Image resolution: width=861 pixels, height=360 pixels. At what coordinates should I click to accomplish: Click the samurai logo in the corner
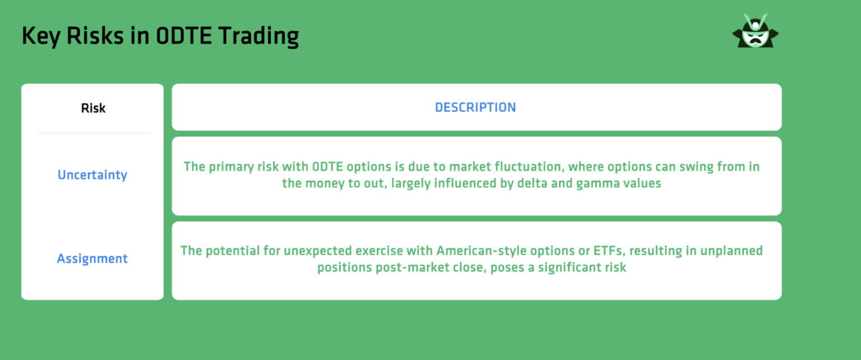[x=755, y=32]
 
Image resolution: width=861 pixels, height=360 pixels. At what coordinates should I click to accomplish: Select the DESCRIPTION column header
[x=475, y=107]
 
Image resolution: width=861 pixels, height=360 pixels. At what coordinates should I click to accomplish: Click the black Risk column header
[x=93, y=108]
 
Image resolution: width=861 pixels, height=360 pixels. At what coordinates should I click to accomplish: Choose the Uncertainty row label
[x=92, y=175]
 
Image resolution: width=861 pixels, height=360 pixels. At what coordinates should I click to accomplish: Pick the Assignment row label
[x=92, y=259]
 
